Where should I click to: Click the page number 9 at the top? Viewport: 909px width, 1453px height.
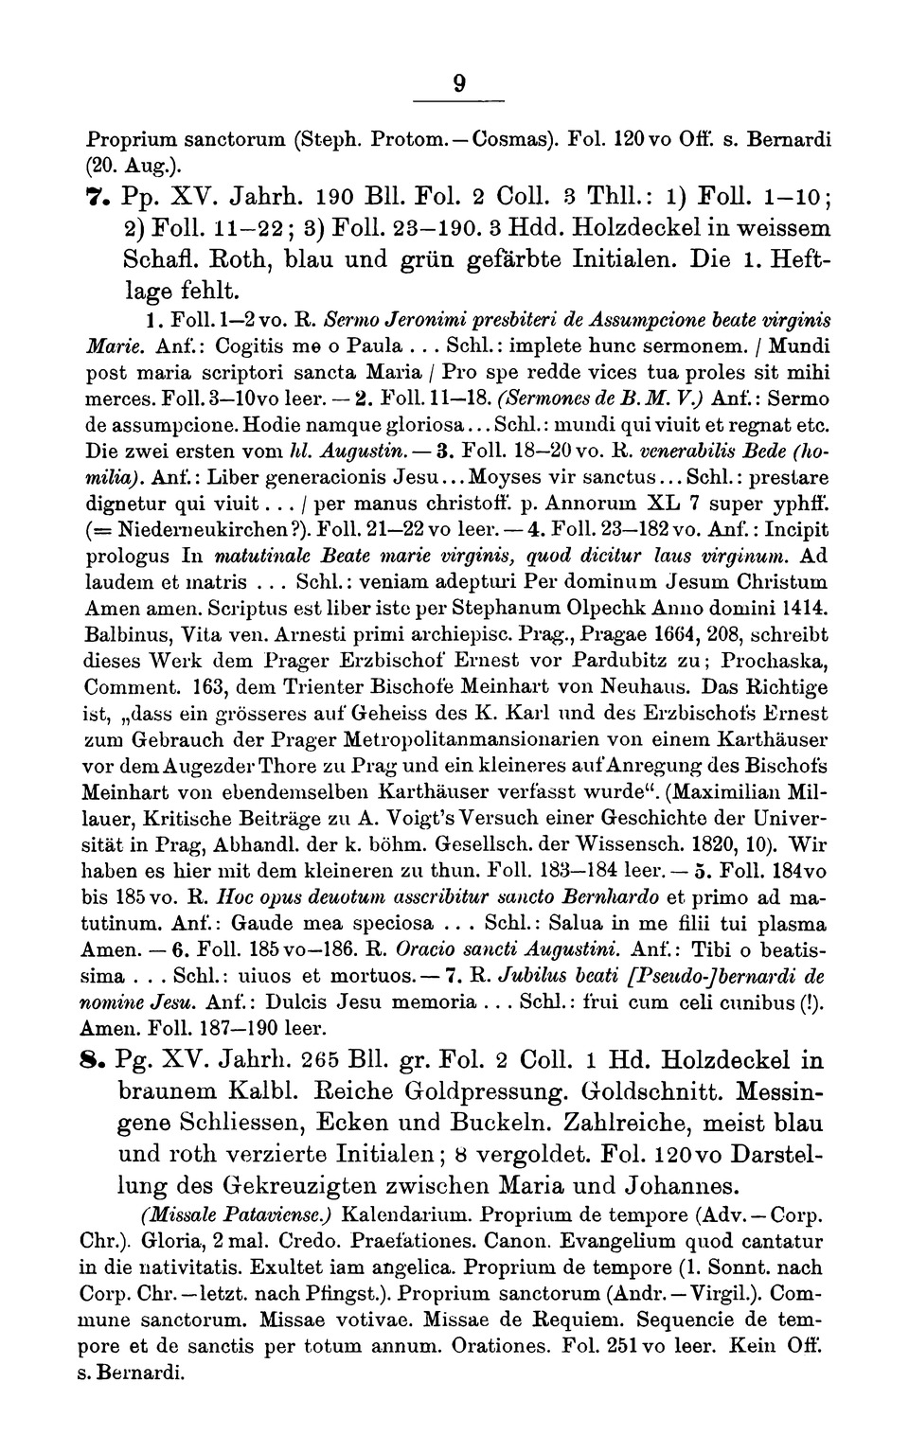[458, 85]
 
